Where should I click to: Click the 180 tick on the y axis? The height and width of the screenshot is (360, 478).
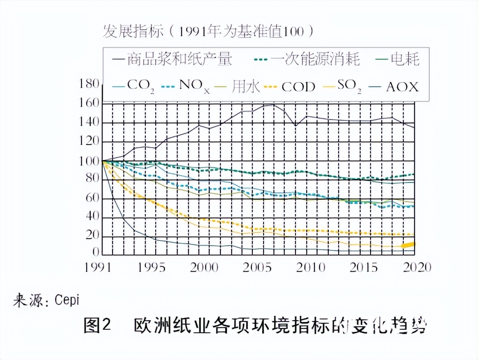[89, 84]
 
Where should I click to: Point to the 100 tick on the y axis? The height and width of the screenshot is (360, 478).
[89, 161]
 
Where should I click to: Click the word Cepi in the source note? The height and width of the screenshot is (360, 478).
[67, 300]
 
